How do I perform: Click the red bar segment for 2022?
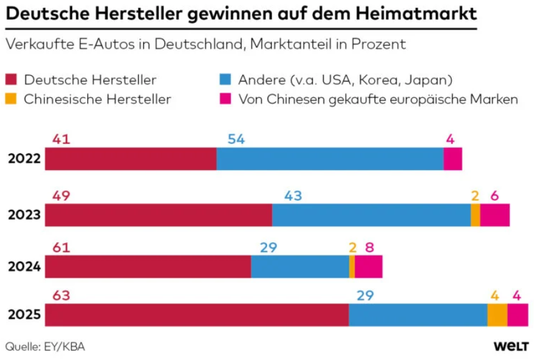pos(131,159)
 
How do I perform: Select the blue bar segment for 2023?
pos(371,215)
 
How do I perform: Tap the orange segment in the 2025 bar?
pos(497,315)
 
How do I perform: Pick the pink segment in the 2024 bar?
pos(368,267)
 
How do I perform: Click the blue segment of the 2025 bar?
pos(418,315)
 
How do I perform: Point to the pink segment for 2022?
pos(452,159)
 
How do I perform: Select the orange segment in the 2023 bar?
pos(475,215)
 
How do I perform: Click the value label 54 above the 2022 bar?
pos(236,140)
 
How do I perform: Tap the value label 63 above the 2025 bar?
pos(61,296)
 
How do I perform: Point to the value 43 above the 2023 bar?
pos(293,196)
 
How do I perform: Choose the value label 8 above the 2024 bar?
pos(369,247)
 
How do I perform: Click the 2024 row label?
pos(24,267)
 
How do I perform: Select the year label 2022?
pos(24,159)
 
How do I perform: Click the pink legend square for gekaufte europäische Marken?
pos(226,99)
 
